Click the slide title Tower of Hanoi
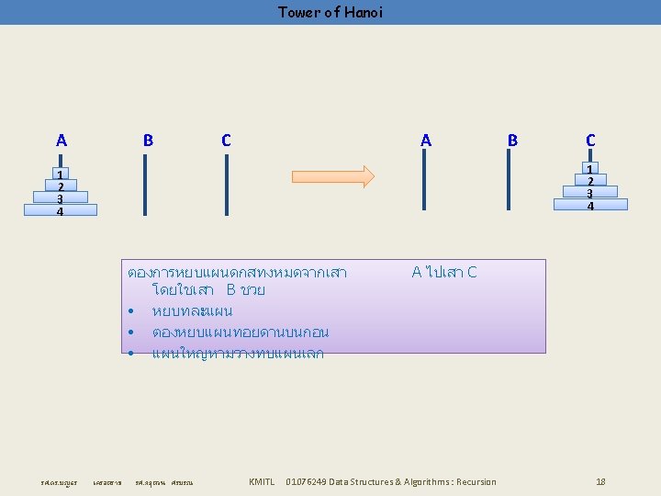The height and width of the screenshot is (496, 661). point(330,12)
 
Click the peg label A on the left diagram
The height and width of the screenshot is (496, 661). point(61,141)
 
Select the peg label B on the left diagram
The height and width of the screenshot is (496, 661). point(148,141)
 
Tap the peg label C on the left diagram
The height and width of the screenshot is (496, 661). point(226,141)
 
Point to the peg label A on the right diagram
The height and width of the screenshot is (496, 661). point(425,141)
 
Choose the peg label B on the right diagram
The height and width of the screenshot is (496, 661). point(512,141)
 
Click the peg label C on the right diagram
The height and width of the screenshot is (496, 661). point(590,141)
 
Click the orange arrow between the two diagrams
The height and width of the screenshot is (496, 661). point(332,176)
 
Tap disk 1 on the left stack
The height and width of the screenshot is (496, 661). point(60,175)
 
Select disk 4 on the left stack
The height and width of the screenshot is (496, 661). point(60,210)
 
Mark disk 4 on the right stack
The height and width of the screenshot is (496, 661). point(591,205)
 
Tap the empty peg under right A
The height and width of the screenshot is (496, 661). point(423,179)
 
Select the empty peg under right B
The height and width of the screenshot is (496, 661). point(509,179)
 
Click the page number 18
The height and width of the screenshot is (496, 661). point(600,481)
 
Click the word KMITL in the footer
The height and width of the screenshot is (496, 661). point(262,481)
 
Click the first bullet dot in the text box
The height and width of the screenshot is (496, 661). point(133,311)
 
